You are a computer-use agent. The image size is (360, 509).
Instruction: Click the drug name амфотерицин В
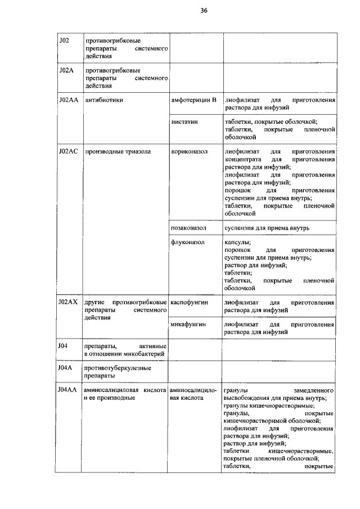point(193,100)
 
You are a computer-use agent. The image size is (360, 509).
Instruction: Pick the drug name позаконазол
point(189,228)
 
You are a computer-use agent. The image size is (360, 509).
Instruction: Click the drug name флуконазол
point(187,242)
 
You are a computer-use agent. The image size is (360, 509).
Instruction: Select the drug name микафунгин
point(188,325)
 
